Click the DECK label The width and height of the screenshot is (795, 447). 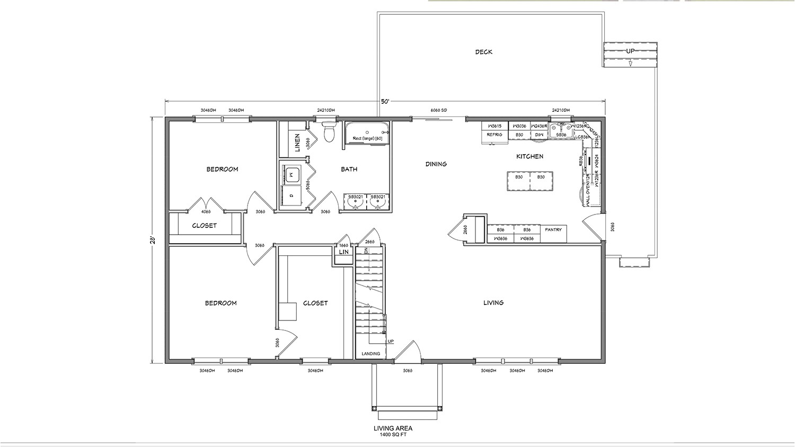coord(483,52)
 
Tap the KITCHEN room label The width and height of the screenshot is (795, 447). coord(529,157)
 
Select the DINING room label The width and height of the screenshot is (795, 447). coord(436,164)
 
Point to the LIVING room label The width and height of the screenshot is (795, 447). coord(493,303)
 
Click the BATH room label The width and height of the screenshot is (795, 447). coord(349,169)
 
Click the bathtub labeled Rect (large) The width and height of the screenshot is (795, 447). coord(367,139)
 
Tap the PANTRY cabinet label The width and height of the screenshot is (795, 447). coord(553,230)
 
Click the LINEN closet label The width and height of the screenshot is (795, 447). coord(297,142)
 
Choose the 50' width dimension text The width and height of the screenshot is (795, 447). coord(385,101)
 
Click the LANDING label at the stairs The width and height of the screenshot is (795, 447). coord(371,354)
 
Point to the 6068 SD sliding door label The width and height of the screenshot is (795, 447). coord(439,110)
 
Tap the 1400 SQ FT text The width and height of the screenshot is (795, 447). coord(393,435)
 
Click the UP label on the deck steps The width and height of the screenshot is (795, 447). coord(630,51)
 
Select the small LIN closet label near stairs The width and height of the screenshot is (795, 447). coord(344,252)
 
